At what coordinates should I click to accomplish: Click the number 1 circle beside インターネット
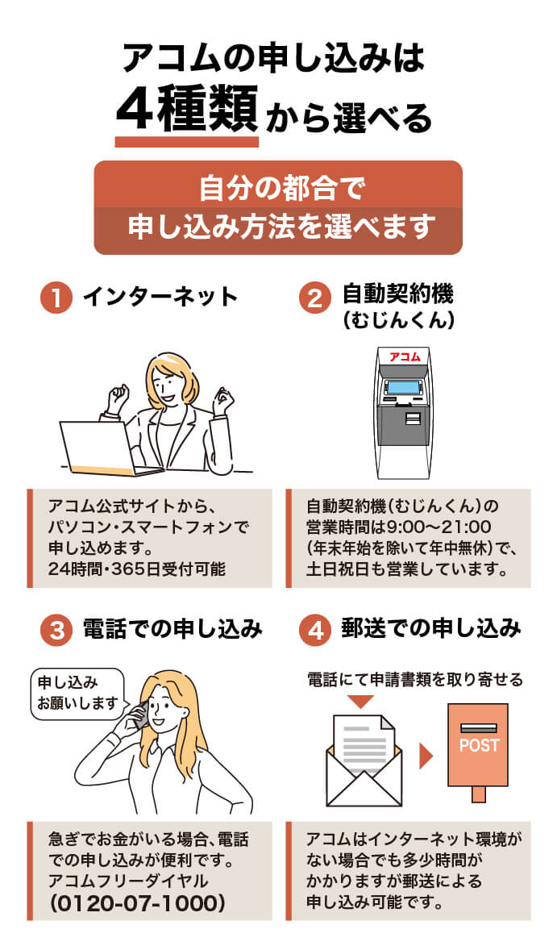pos(56,296)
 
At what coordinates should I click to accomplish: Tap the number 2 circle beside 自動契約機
pos(315,296)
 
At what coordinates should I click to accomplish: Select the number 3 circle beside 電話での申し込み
pos(56,629)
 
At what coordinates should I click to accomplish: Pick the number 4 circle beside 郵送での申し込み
pos(315,629)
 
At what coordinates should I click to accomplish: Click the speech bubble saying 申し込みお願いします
pos(77,693)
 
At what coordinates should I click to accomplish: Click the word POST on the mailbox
pos(479,745)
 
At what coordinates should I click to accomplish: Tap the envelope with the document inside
pos(364,762)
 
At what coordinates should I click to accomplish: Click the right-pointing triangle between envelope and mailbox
pos(426,756)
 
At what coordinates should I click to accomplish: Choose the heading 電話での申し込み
pos(173,629)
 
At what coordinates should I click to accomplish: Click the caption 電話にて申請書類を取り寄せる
pos(415,680)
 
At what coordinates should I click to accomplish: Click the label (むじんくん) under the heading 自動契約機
pos(398,320)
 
